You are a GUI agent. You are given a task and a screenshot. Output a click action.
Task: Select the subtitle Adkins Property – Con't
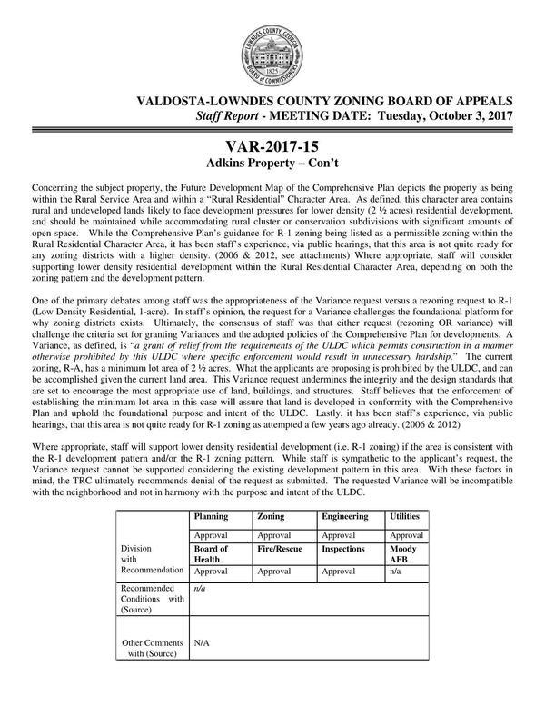(x=272, y=166)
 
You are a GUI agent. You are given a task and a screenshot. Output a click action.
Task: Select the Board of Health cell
(x=212, y=554)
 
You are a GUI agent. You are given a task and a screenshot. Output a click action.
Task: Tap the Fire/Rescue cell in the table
(x=281, y=549)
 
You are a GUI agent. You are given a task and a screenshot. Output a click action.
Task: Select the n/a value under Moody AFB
(x=396, y=572)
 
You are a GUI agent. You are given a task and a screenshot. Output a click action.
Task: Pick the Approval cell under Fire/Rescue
(x=274, y=572)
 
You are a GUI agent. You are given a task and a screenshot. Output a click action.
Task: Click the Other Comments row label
(x=153, y=646)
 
